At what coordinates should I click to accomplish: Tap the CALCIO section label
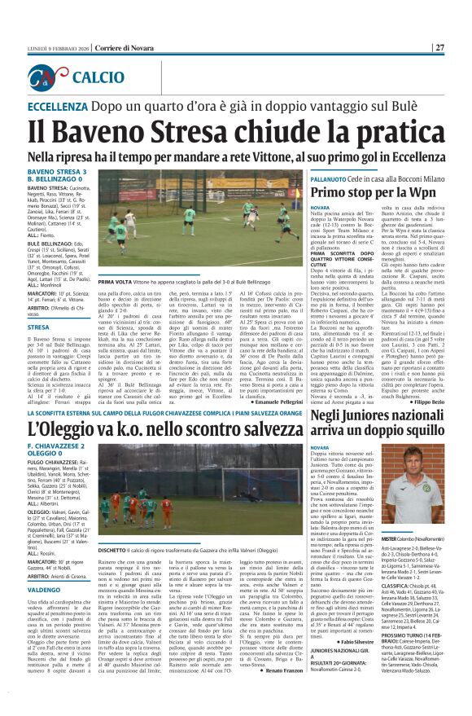click(98, 77)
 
